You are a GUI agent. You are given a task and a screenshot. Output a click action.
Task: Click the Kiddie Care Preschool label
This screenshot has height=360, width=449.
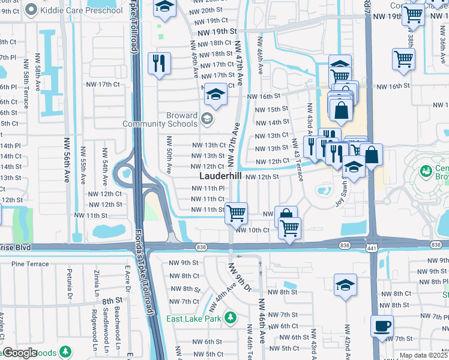pyautogui.click(x=77, y=10)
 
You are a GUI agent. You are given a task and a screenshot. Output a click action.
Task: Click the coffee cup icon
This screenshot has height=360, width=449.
pyautogui.click(x=382, y=326)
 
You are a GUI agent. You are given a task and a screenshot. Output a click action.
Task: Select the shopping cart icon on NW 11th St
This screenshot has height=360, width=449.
pyautogui.click(x=237, y=212)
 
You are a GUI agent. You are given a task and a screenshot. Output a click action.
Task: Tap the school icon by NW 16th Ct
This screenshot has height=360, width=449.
pyautogui.click(x=215, y=94)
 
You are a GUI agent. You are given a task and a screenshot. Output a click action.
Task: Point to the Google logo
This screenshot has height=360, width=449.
pyautogui.click(x=19, y=353)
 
